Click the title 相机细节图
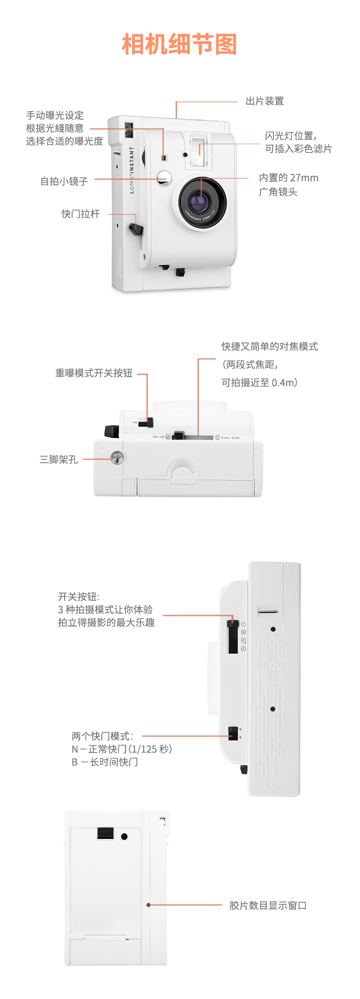tap(180, 45)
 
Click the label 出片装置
tap(264, 101)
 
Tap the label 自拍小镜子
tap(64, 181)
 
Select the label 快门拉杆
tap(80, 214)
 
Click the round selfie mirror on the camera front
tap(163, 178)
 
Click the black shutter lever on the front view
tap(136, 229)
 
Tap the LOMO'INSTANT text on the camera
tap(132, 170)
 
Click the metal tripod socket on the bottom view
tap(117, 458)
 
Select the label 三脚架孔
tap(59, 460)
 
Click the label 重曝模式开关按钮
tap(94, 373)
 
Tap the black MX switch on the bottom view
tap(149, 423)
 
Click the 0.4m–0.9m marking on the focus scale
tap(230, 438)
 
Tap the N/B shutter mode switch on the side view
tap(233, 733)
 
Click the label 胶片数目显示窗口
tap(268, 906)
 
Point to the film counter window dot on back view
tap(148, 905)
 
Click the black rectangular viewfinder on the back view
tap(106, 833)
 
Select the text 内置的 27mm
tap(288, 178)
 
